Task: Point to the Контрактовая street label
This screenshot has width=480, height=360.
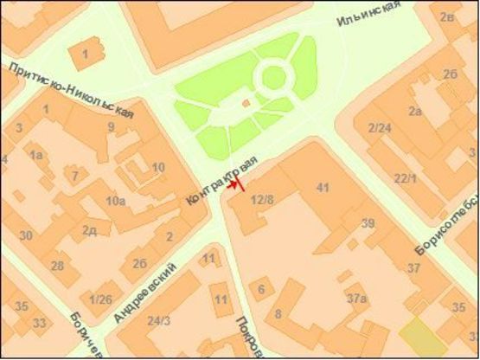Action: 221,181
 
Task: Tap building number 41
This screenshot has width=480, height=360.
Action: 323,187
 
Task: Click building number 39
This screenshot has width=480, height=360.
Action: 368,223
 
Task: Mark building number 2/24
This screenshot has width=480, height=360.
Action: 381,129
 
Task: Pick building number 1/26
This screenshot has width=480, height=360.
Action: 101,299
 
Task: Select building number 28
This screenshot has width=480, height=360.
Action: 58,265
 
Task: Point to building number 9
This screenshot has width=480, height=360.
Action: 111,127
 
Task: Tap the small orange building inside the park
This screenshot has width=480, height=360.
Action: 246,103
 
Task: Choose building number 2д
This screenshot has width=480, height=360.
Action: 88,230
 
